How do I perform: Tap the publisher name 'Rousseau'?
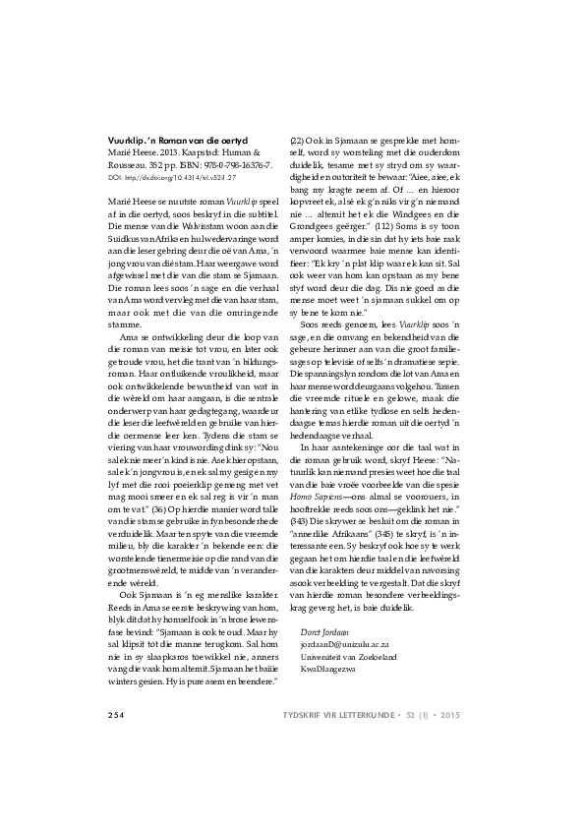129,166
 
